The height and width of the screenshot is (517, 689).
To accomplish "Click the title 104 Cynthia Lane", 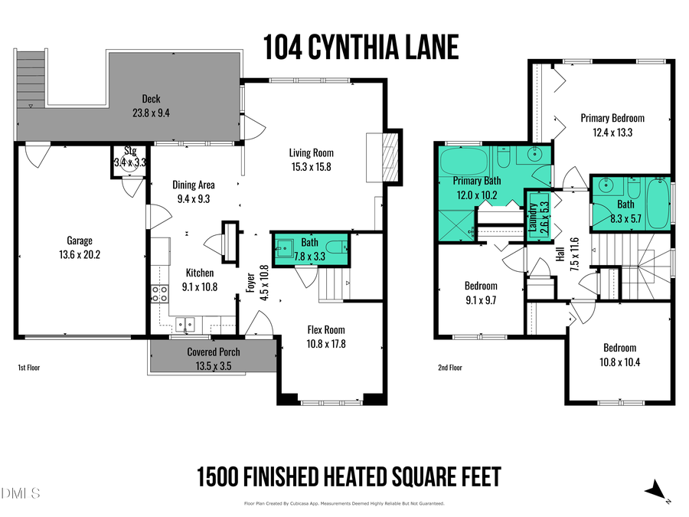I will (x=361, y=47).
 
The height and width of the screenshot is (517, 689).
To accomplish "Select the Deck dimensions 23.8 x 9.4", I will (x=150, y=112).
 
